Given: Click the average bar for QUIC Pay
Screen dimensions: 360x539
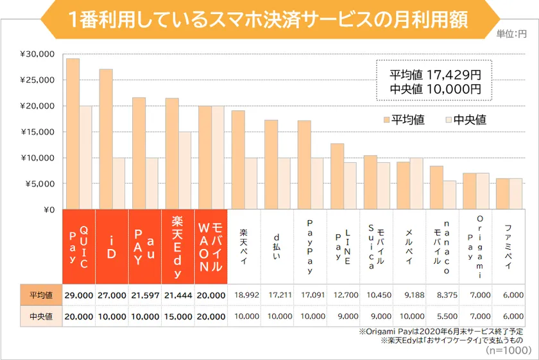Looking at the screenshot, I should pos(73,134).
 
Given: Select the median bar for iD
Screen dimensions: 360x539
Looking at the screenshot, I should pos(119,184).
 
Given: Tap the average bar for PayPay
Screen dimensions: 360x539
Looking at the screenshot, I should pos(304,165).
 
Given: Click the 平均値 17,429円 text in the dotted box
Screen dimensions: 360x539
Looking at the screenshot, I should pos(435,74).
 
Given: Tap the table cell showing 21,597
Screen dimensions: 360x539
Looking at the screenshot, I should pos(145,295).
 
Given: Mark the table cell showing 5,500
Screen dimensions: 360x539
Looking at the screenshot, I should pos(443,317).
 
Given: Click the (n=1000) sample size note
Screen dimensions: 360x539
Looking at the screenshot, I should pos(509,350).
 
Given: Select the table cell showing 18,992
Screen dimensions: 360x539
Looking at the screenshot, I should pos(247,295).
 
